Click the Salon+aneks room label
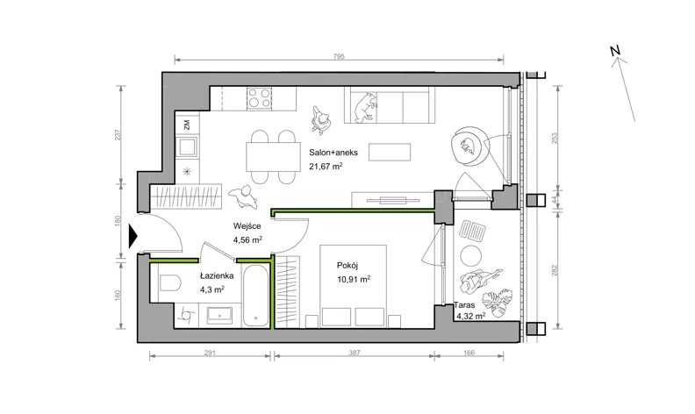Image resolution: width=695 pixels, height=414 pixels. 333,153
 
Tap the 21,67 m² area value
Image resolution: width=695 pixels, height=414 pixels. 326,167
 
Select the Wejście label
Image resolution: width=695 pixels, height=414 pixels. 247,226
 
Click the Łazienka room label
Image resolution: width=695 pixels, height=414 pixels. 217,275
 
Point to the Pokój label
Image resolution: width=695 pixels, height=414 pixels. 347,266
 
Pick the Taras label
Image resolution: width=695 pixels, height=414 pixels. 464,305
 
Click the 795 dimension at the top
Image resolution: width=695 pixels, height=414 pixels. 339,57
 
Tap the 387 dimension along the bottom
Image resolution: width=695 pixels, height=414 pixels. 355,353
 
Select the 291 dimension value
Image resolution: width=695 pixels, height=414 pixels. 210,353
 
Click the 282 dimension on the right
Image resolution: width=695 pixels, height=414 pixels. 554,270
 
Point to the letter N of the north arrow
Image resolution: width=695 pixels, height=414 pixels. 615,51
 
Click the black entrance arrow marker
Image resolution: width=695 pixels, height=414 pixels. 133,236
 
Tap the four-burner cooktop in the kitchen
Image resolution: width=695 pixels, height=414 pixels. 260,98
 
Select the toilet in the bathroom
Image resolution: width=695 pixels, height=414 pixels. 169,282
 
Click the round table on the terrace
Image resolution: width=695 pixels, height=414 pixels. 470,255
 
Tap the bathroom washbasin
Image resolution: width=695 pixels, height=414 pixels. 219,315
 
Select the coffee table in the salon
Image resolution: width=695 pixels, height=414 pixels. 390,152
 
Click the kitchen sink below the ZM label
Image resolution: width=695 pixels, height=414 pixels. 187,146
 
